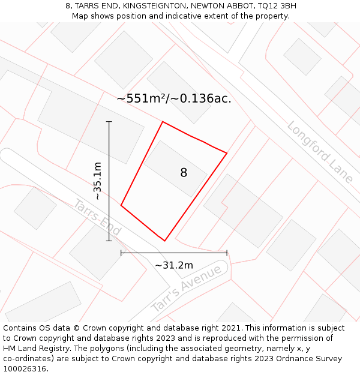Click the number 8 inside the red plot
pyautogui.click(x=184, y=173)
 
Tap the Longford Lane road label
pyautogui.click(x=319, y=152)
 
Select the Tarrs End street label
pyautogui.click(x=98, y=217)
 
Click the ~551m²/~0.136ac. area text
pyautogui.click(x=174, y=98)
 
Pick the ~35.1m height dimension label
pyautogui.click(x=98, y=181)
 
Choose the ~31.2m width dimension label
pyautogui.click(x=174, y=265)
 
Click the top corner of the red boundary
pyautogui.click(x=163, y=122)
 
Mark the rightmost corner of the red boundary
pyautogui.click(x=227, y=153)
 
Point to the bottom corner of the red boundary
pyautogui.click(x=164, y=241)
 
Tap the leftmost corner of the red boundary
pyautogui.click(x=121, y=205)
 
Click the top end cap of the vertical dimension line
pyautogui.click(x=109, y=122)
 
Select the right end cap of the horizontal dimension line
pyautogui.click(x=227, y=253)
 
